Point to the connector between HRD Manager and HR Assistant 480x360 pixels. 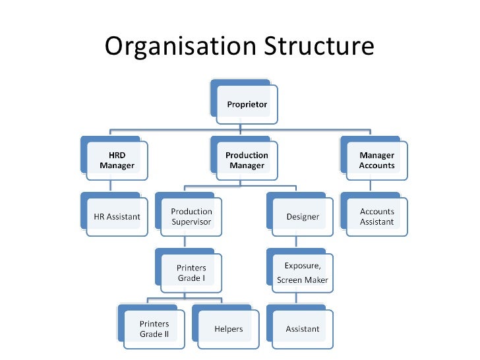111,186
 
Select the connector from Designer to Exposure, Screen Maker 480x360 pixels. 296,243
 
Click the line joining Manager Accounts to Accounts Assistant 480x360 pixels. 370,186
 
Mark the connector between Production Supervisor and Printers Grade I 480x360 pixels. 185,243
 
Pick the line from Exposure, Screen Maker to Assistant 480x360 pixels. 296,299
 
